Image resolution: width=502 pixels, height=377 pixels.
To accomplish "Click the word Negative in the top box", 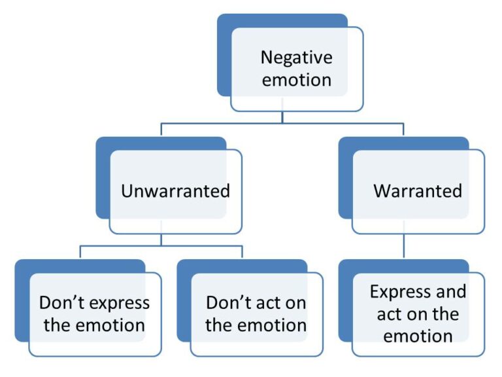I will [296, 57].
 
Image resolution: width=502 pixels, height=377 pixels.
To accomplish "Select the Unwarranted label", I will [175, 191].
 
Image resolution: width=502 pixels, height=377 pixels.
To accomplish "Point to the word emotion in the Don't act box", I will [274, 325].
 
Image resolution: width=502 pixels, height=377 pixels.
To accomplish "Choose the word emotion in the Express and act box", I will [418, 336].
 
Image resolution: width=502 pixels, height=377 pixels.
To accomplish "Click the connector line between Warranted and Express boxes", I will [403, 247].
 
